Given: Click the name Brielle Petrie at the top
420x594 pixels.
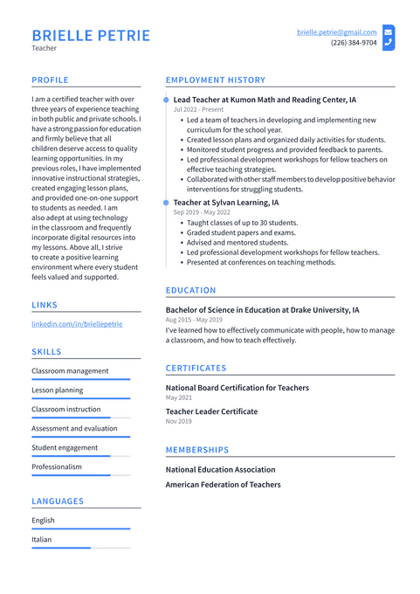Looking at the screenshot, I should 91,36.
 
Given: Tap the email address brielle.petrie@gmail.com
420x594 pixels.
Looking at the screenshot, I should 336,32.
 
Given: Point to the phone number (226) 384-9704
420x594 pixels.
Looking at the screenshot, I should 354,43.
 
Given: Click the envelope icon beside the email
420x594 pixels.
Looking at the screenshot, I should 389,31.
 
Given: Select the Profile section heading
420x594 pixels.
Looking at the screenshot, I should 50,80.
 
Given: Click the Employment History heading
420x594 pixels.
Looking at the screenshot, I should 215,80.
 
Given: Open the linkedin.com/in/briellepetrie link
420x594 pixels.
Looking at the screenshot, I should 77,324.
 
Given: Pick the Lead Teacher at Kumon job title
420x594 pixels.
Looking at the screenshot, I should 265,100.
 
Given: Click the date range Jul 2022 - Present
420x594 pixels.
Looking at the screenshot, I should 198,110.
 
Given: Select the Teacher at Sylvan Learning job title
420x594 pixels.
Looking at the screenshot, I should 226,203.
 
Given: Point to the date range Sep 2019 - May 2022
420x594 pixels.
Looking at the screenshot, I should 202,212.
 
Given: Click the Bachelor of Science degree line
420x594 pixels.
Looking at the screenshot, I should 262,310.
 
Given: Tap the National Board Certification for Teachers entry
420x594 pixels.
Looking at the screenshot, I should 237,388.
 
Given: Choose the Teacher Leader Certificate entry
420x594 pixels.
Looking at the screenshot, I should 211,411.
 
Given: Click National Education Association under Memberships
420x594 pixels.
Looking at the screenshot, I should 220,470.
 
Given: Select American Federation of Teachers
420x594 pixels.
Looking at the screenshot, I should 223,485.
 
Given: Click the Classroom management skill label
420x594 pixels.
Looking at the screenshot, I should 70,371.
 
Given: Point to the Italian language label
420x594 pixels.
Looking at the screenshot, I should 42,540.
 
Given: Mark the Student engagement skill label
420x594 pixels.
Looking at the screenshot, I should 65,448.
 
